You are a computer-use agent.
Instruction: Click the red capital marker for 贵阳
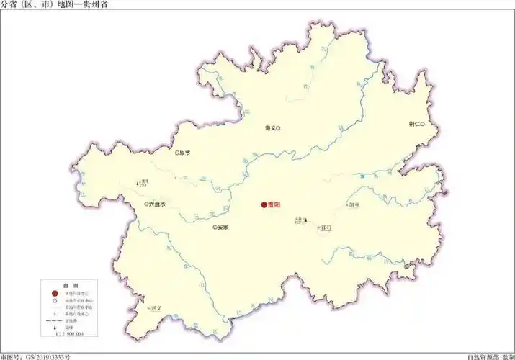pyautogui.click(x=264, y=205)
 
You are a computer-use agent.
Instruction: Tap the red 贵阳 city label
pyautogui.click(x=274, y=205)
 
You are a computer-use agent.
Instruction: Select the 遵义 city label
pyautogui.click(x=270, y=128)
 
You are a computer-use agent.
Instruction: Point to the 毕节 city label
pyautogui.click(x=186, y=153)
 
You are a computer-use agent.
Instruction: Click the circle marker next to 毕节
pyautogui.click(x=177, y=153)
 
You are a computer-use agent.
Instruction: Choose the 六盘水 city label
pyautogui.click(x=156, y=204)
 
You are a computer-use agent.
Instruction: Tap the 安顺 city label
pyautogui.click(x=223, y=228)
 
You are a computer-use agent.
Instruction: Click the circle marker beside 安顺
pyautogui.click(x=214, y=228)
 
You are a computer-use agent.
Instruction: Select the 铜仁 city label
pyautogui.click(x=414, y=124)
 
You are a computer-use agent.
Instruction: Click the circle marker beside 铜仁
pyautogui.click(x=424, y=124)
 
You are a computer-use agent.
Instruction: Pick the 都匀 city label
pyautogui.click(x=326, y=228)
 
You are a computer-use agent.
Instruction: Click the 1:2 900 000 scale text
pyautogui.click(x=70, y=335)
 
